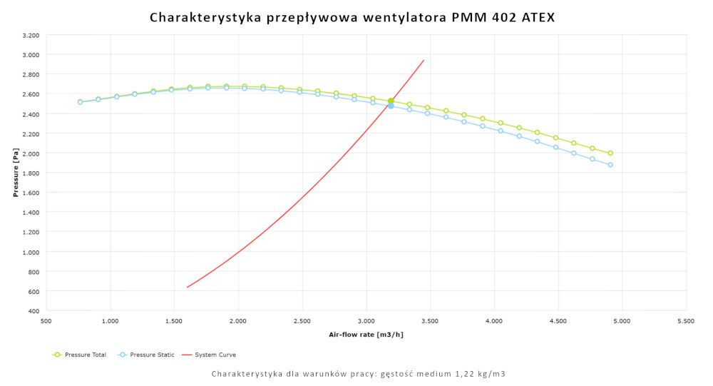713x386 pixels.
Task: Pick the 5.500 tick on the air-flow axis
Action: click(686, 321)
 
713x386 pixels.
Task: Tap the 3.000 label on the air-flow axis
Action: click(366, 321)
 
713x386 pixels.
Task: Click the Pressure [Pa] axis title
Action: click(15, 173)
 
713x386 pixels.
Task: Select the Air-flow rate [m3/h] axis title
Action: click(366, 334)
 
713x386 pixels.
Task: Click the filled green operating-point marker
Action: click(391, 101)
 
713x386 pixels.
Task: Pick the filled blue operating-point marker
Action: click(391, 106)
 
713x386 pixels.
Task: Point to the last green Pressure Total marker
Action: click(610, 153)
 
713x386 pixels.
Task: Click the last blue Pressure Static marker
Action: click(610, 165)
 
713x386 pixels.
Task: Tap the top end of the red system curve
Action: click(424, 60)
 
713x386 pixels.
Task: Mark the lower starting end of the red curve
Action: click(188, 287)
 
